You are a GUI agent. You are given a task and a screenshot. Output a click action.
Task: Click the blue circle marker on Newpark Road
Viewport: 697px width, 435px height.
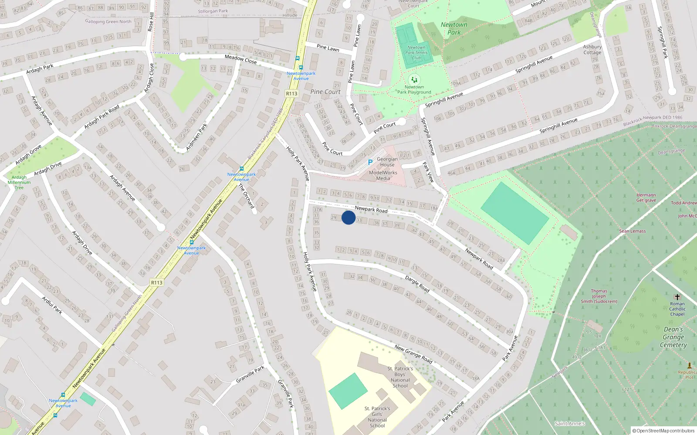click(x=348, y=217)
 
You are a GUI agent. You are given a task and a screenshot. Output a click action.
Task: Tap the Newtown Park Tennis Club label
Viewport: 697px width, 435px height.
click(x=416, y=53)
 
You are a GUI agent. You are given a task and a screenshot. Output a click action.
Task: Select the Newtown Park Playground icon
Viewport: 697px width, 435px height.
click(x=414, y=80)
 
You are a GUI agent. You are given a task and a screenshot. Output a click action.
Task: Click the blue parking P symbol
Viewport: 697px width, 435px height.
click(x=370, y=162)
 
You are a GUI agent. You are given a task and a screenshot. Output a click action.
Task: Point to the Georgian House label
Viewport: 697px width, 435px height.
click(x=387, y=162)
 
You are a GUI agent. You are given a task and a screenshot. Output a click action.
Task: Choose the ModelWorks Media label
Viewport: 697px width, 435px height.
click(x=383, y=175)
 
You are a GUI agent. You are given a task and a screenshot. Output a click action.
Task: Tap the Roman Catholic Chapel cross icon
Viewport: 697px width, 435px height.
click(x=677, y=297)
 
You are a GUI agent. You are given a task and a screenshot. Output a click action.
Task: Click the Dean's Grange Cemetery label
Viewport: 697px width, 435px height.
click(x=673, y=337)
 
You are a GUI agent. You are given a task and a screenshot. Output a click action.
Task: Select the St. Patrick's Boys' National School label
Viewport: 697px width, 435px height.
click(x=400, y=377)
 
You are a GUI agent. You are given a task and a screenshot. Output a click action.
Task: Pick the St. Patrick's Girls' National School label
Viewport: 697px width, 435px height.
click(x=377, y=417)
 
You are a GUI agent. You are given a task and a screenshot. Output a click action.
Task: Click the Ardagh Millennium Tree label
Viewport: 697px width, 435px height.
click(x=19, y=182)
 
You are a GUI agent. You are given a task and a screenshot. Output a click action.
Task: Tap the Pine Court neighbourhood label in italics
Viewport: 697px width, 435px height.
click(x=325, y=92)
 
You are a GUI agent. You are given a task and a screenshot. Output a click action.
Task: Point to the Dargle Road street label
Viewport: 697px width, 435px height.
click(x=417, y=284)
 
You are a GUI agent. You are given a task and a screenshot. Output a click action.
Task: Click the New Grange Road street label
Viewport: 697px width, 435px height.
click(x=413, y=354)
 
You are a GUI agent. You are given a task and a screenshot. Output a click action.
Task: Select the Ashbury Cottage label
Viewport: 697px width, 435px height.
click(x=592, y=50)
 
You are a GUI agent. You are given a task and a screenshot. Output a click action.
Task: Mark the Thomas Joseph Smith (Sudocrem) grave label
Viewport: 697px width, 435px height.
click(x=599, y=296)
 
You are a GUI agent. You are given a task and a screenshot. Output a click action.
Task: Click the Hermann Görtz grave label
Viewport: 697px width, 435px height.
click(x=646, y=197)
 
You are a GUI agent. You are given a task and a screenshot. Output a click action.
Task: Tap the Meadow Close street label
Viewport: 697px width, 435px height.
click(x=240, y=59)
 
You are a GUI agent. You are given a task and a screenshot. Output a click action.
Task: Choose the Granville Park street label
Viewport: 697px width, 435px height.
click(x=250, y=374)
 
